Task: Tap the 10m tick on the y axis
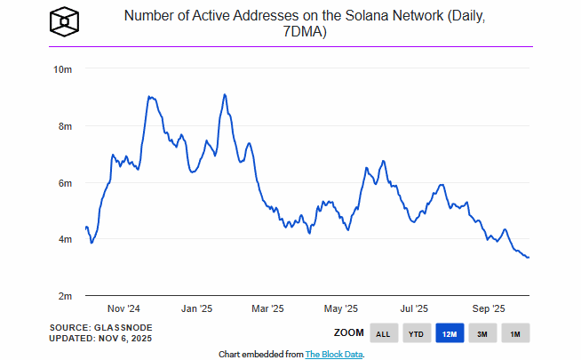(62, 69)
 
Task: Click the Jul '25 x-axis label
(413, 308)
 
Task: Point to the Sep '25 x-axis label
(488, 308)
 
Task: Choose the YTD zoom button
(416, 333)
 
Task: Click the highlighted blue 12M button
(449, 333)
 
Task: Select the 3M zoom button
(482, 333)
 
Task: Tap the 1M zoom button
(514, 333)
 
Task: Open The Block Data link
(334, 354)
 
